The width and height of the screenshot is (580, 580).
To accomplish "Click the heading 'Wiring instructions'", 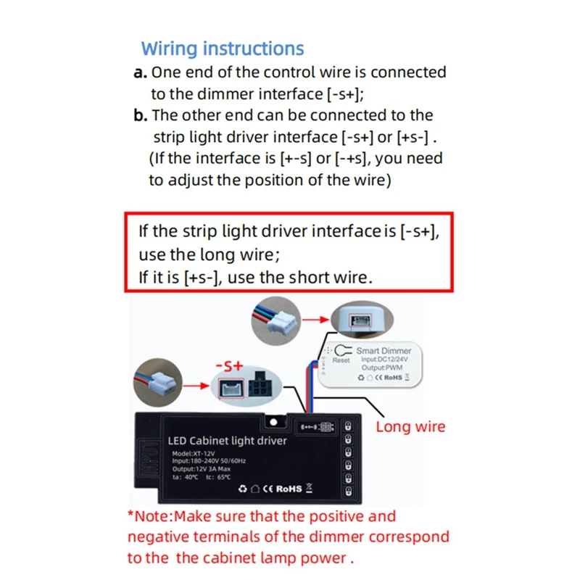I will click(223, 49).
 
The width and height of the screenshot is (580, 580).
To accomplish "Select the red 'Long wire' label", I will click(410, 427).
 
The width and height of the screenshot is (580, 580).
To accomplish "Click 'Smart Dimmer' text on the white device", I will click(384, 349).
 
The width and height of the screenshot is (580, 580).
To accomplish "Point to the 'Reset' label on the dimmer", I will click(341, 360).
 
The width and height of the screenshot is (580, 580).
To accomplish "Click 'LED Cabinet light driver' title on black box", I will click(227, 440).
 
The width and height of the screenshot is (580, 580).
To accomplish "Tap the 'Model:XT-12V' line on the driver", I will click(194, 454).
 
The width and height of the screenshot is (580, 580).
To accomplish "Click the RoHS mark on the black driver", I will click(286, 488).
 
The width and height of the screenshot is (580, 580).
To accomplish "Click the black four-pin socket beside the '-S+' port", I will click(260, 388).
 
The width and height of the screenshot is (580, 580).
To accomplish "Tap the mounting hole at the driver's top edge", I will click(274, 420).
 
